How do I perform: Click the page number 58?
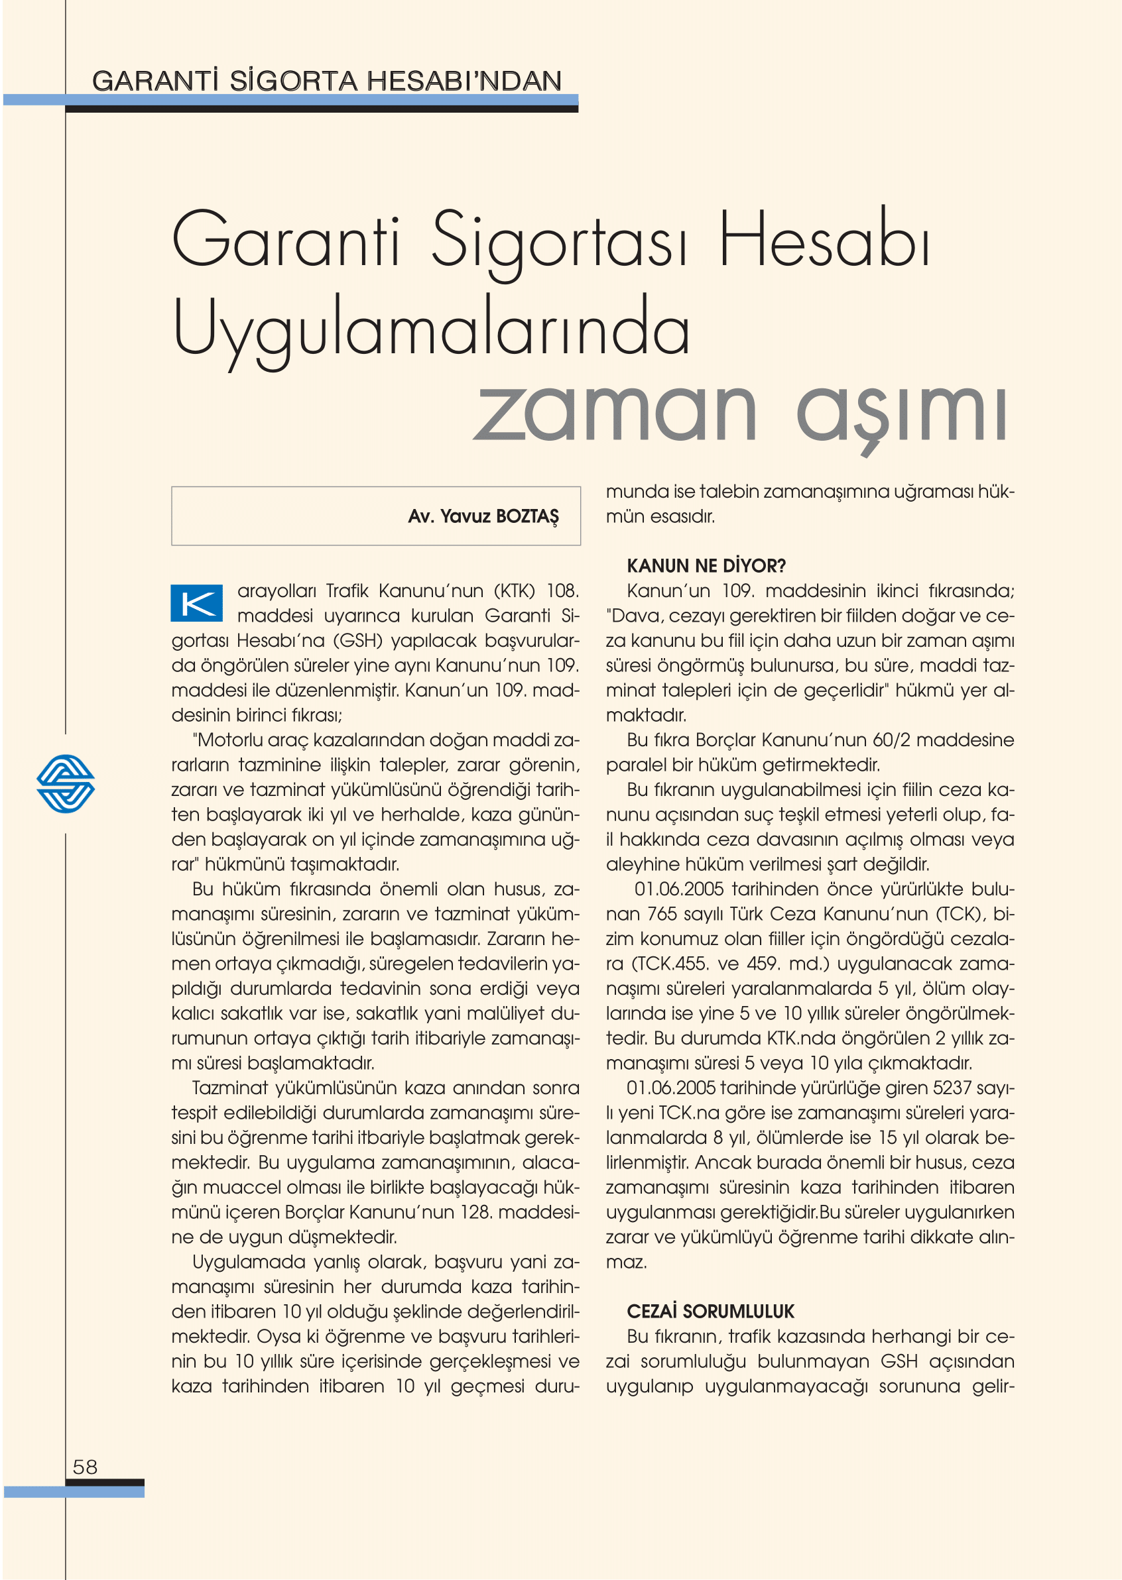tap(85, 1467)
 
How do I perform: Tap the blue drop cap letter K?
tap(197, 603)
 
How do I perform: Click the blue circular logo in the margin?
tap(66, 783)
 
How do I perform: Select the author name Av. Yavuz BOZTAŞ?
tap(483, 516)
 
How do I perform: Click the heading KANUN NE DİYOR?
tap(706, 565)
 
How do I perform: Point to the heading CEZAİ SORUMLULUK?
tap(710, 1312)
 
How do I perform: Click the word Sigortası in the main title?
tap(560, 242)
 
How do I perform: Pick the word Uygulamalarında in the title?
tap(431, 329)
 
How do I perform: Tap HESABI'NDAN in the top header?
tap(464, 82)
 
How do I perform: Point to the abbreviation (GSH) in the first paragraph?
tap(358, 641)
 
